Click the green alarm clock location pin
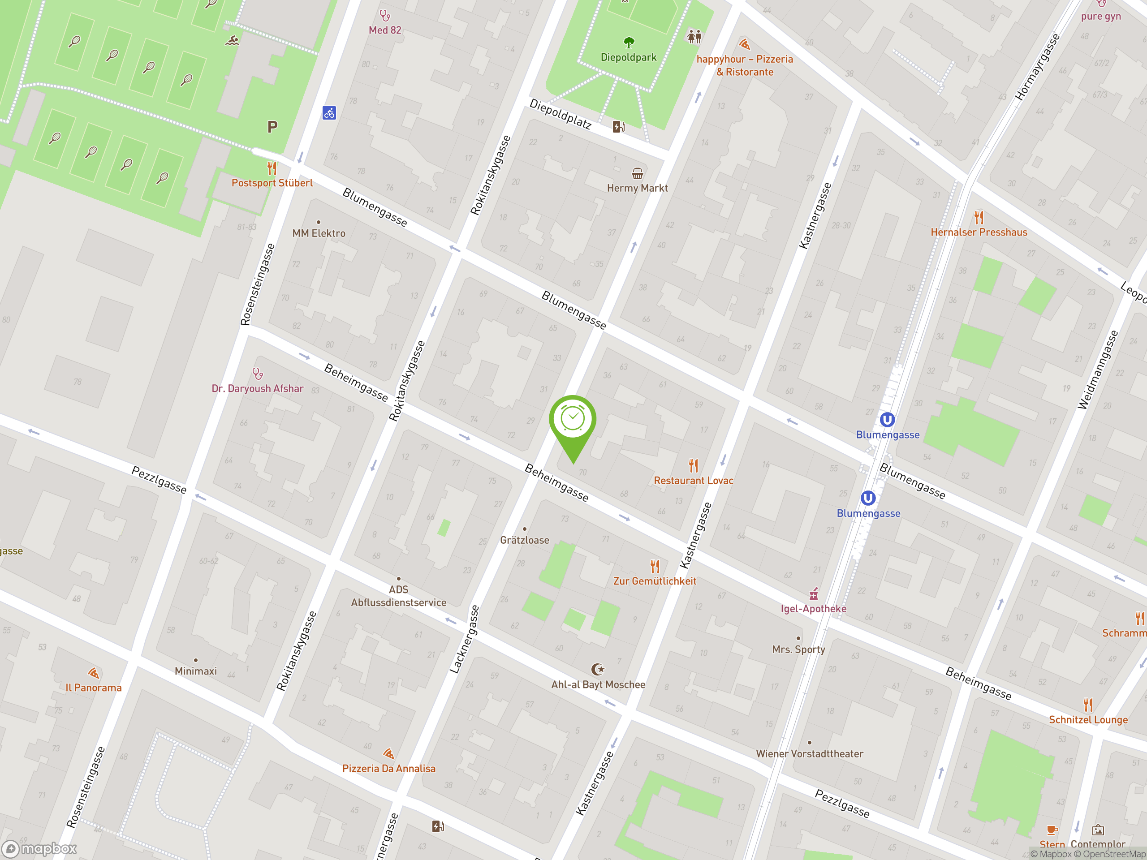pyautogui.click(x=573, y=420)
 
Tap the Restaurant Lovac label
pyautogui.click(x=693, y=481)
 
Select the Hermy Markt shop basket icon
pyautogui.click(x=637, y=173)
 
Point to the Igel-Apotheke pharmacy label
pyautogui.click(x=813, y=609)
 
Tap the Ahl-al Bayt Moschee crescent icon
pyautogui.click(x=598, y=669)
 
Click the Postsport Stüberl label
pyautogui.click(x=272, y=183)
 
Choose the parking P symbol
pyautogui.click(x=272, y=126)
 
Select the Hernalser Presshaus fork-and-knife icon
pyautogui.click(x=979, y=217)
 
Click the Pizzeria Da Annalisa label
pyautogui.click(x=388, y=768)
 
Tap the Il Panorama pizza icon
pyautogui.click(x=93, y=673)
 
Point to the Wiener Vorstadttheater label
pyautogui.click(x=809, y=754)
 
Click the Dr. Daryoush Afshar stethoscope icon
pyautogui.click(x=258, y=373)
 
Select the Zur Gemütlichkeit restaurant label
pyautogui.click(x=655, y=581)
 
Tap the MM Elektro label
pyautogui.click(x=319, y=233)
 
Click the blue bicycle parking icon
pyautogui.click(x=329, y=112)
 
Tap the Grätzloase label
pyautogui.click(x=524, y=540)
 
